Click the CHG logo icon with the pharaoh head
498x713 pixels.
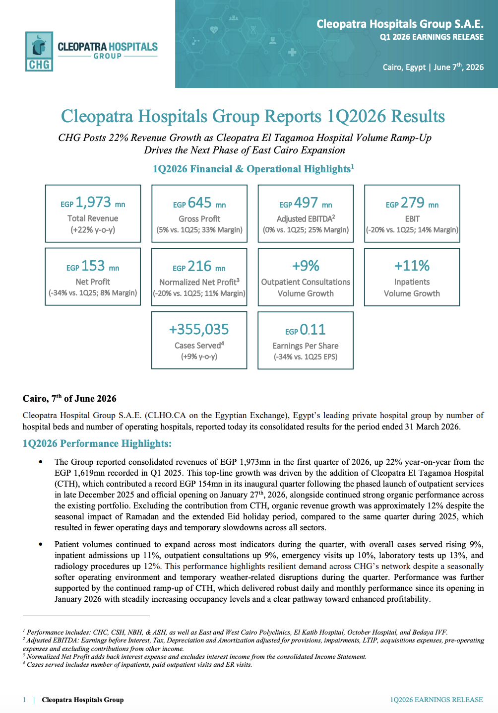pos(39,51)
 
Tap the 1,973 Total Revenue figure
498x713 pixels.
pos(93,202)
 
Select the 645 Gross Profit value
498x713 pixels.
pos(200,203)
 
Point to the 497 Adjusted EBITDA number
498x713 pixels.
pos(306,203)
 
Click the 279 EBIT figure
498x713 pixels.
pos(413,203)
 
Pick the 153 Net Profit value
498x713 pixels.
pos(93,266)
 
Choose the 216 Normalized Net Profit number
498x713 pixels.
pos(199,266)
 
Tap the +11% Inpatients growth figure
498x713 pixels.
pos(412,266)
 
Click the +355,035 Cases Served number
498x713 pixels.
pos(199,330)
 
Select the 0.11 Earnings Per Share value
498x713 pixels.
pos(312,330)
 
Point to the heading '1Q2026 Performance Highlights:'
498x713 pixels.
pos(97,443)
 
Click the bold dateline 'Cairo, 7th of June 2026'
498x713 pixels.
pos(69,398)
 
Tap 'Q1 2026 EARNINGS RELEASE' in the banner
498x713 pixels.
pos(432,37)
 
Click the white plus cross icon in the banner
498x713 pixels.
pos(292,52)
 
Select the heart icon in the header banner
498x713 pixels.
pos(214,30)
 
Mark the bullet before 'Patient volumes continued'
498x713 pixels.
pos(40,544)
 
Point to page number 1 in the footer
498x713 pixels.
pos(24,700)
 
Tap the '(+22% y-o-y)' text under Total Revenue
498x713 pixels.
pos(93,230)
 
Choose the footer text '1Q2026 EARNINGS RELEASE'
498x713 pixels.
pos(436,700)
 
